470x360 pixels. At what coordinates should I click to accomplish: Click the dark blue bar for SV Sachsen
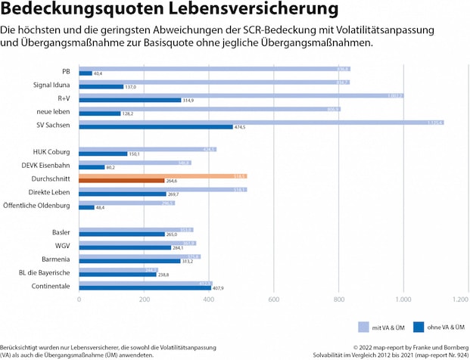point(219,126)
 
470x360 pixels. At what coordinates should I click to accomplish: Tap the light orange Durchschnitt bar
point(163,175)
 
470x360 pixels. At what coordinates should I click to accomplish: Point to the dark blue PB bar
point(86,73)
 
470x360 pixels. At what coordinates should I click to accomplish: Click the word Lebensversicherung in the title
point(251,11)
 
